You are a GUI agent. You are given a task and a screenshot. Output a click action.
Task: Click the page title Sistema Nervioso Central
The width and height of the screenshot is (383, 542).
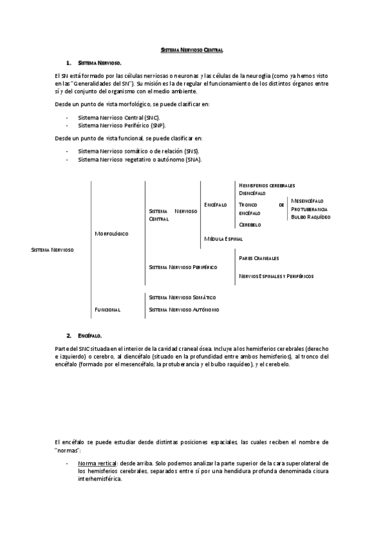coord(191,50)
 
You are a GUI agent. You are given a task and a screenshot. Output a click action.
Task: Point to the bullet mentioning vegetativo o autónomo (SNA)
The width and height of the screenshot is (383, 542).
coord(139,159)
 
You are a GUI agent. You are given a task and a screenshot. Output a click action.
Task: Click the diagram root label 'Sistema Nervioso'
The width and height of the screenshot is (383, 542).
coord(52,250)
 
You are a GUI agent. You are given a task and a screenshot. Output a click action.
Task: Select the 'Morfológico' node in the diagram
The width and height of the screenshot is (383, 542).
coord(112,234)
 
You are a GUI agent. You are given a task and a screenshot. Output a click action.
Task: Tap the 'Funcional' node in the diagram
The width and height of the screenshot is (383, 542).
coord(107,310)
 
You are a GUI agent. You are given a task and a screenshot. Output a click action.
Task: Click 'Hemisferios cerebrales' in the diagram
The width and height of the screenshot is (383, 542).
coord(267,185)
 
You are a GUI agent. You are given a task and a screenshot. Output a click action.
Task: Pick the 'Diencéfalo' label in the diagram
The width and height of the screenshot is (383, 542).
coord(252,192)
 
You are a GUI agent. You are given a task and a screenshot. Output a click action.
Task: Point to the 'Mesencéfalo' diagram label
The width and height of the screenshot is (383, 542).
coord(308,201)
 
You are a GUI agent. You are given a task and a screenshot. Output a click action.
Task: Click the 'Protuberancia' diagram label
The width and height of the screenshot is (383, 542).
coord(309,209)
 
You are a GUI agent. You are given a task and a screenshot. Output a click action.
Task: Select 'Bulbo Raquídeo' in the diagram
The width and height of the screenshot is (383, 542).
coord(311,217)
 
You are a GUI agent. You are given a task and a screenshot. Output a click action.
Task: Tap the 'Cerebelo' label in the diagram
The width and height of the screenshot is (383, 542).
coord(250,225)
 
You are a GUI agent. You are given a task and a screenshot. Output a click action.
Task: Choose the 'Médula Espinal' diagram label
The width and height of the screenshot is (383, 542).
coord(223,238)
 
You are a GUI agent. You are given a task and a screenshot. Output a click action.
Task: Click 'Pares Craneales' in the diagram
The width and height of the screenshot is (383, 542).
coord(258,258)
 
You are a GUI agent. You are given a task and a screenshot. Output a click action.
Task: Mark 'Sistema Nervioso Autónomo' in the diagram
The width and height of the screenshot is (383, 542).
coord(184,310)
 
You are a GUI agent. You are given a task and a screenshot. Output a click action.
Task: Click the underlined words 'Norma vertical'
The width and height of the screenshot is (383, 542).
coord(97,462)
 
